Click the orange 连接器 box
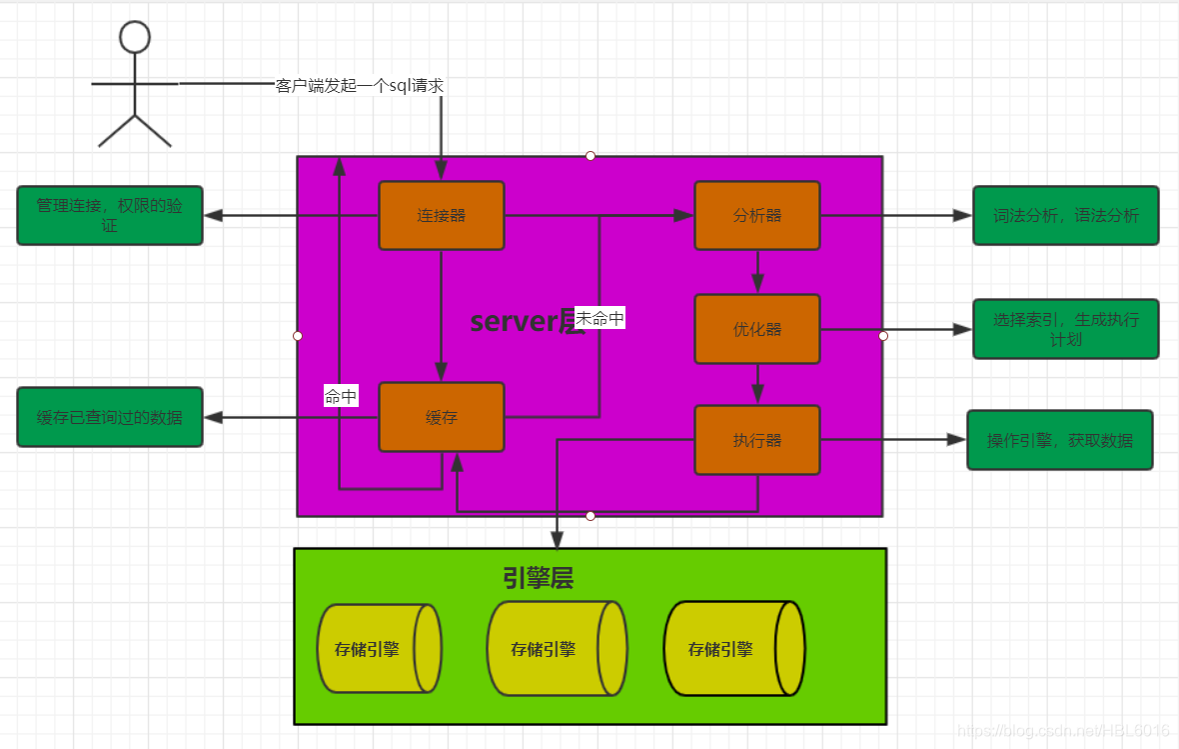coord(441,215)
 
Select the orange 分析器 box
coord(757,215)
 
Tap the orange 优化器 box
coord(757,329)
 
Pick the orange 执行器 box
coord(757,440)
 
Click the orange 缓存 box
coord(441,417)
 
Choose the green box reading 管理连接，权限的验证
coord(110,215)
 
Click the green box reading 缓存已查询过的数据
coord(110,417)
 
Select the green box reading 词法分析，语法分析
coord(1065,215)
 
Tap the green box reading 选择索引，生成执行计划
coord(1065,329)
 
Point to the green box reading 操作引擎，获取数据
coord(1059,440)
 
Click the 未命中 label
coord(599,319)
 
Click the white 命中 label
coord(341,396)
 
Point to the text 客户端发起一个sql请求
coord(360,86)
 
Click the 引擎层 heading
coord(538,578)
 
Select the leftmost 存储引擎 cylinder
coord(379,649)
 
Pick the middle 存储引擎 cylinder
coord(556,648)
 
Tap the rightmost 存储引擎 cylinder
coord(733,648)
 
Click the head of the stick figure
coord(134,37)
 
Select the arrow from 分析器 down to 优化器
coord(757,271)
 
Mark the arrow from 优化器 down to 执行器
coord(757,384)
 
